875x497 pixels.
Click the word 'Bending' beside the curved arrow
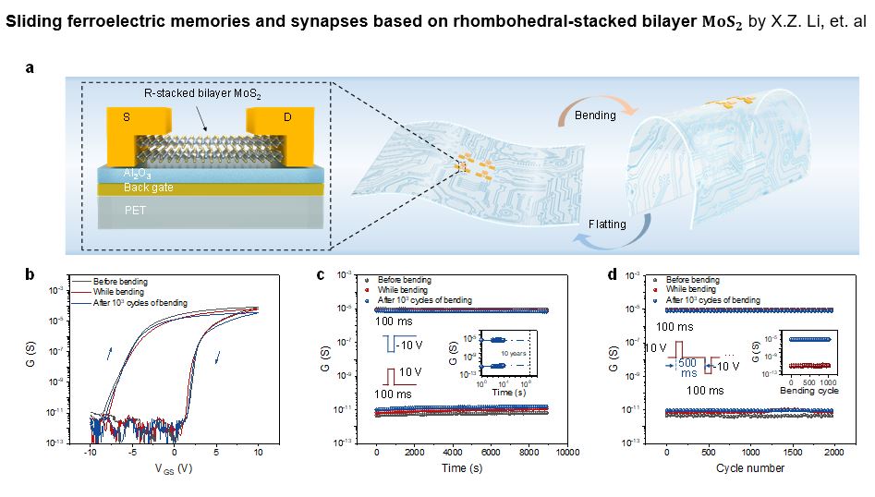coord(595,115)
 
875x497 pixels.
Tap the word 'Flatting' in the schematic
coord(608,224)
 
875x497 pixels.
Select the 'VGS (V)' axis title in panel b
coord(174,468)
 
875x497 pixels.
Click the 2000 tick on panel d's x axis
coord(833,453)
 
